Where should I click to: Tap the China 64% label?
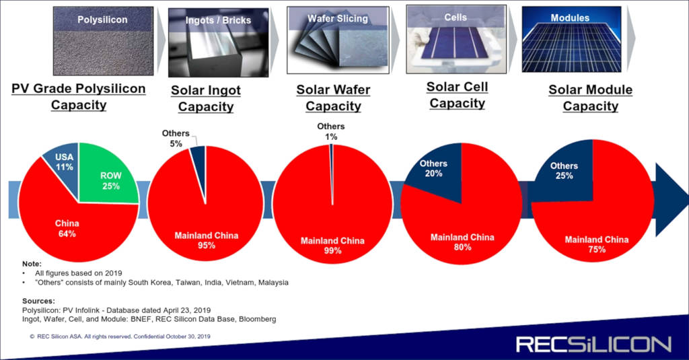click(x=67, y=229)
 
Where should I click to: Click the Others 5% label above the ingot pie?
click(x=176, y=138)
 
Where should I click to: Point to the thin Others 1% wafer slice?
click(x=332, y=174)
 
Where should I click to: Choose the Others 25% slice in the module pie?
click(x=565, y=174)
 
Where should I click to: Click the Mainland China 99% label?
click(x=332, y=246)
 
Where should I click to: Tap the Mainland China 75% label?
click(x=597, y=244)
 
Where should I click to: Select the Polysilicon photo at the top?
click(x=103, y=41)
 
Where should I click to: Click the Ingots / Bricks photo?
click(x=219, y=42)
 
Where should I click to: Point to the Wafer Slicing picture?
click(x=338, y=40)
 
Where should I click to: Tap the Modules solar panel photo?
click(x=571, y=39)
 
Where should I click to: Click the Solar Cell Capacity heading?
click(x=457, y=95)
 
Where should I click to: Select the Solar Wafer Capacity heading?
click(x=333, y=98)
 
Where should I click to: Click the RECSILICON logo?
click(x=593, y=345)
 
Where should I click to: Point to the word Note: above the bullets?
click(x=32, y=264)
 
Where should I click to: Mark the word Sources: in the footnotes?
click(x=38, y=301)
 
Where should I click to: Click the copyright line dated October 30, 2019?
click(x=120, y=336)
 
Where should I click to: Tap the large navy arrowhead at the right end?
click(x=670, y=199)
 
